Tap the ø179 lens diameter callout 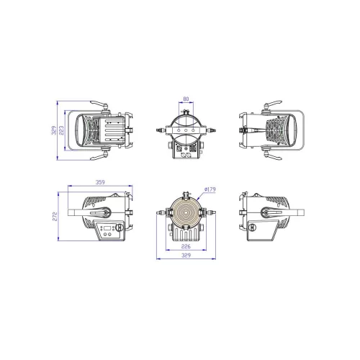(x=210, y=189)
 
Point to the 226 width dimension (x=186, y=246)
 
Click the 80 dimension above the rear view (x=186, y=99)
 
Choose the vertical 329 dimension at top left (x=54, y=130)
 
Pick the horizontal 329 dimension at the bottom (x=186, y=256)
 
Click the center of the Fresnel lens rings (x=186, y=214)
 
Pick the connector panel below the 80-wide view (x=186, y=151)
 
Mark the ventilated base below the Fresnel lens (x=186, y=235)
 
